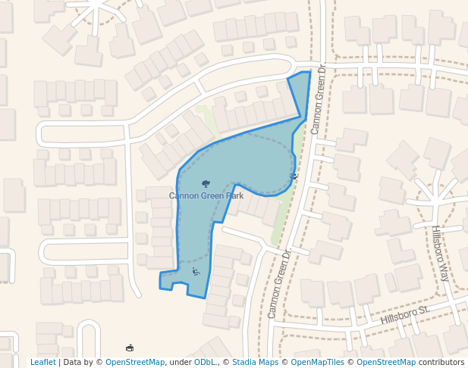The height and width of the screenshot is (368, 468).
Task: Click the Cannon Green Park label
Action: (x=206, y=196)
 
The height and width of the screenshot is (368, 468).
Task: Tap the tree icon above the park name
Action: (x=206, y=183)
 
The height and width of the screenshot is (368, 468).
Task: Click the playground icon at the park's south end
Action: (x=196, y=272)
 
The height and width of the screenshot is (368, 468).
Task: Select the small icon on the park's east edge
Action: (x=294, y=176)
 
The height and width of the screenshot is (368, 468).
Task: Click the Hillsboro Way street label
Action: (x=440, y=253)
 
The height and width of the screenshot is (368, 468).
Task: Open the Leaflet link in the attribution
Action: (x=42, y=362)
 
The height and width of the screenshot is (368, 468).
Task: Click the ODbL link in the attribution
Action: (x=205, y=362)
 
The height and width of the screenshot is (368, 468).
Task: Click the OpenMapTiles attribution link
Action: (x=313, y=362)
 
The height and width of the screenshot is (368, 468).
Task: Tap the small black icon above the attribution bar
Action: (x=130, y=348)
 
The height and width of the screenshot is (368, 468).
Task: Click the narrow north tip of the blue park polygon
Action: (x=301, y=76)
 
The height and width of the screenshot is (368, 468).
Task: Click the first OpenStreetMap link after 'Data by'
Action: (x=135, y=362)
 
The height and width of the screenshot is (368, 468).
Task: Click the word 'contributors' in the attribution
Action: (x=441, y=362)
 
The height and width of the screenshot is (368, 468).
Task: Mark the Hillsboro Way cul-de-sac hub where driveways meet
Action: (x=435, y=199)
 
